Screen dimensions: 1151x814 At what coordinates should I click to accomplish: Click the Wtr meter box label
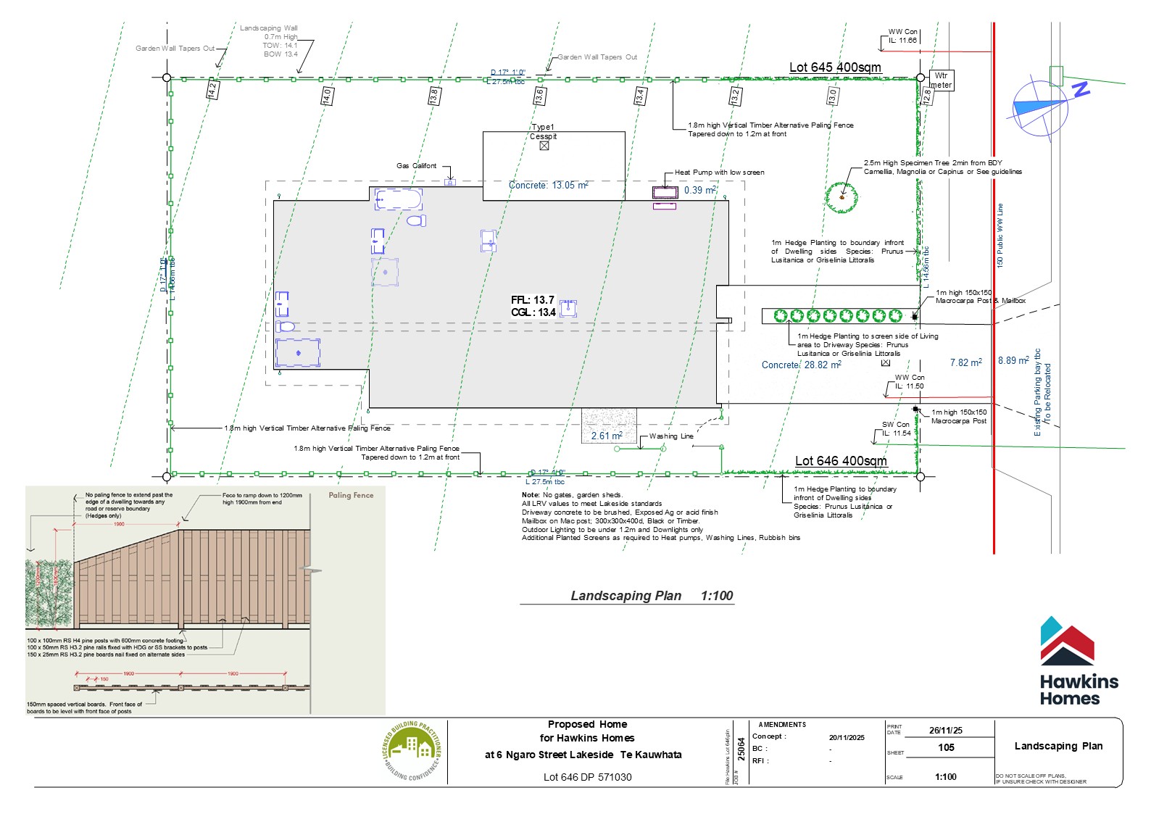tap(941, 80)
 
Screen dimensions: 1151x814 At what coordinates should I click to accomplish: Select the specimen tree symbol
tap(842, 196)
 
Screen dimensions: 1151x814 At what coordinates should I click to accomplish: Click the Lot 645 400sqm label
tap(835, 67)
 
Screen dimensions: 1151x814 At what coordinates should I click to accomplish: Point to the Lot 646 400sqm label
tap(841, 461)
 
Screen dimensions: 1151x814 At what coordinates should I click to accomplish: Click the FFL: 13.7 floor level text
tap(533, 300)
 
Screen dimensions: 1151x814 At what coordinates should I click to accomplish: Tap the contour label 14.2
tap(212, 90)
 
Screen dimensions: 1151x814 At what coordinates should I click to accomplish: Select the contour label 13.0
tap(832, 95)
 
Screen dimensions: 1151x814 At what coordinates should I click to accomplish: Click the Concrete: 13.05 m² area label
tap(548, 186)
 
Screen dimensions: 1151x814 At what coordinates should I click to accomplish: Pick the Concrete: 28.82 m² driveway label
tap(801, 365)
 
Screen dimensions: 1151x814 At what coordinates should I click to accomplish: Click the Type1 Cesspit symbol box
tap(544, 146)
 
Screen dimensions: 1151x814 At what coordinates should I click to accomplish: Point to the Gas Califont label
tap(416, 166)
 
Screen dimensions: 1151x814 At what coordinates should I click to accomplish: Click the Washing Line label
tap(671, 436)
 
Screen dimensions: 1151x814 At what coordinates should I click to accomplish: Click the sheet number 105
tap(946, 747)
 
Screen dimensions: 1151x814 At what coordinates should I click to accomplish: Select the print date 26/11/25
tap(946, 730)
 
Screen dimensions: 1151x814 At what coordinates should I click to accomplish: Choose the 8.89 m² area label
tap(1013, 360)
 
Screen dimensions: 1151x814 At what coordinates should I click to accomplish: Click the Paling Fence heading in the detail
tap(351, 495)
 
